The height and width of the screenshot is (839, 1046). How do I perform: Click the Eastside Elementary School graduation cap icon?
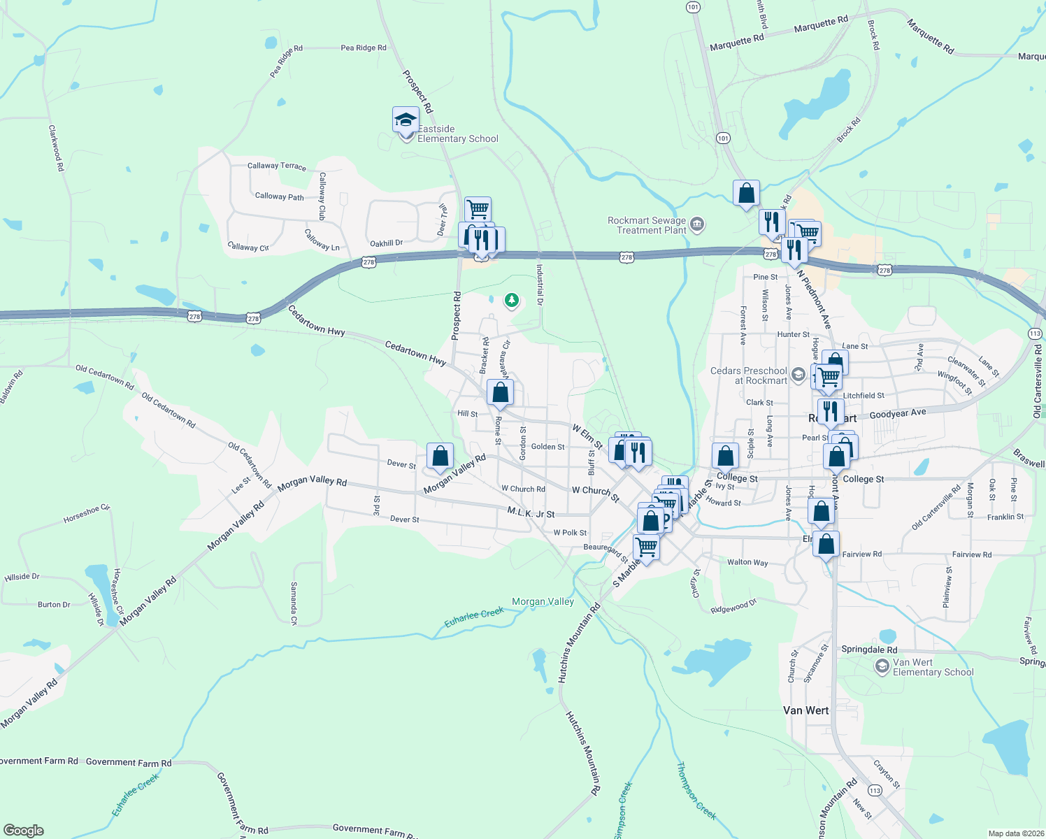click(x=406, y=120)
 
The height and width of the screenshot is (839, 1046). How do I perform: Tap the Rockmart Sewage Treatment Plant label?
click(x=646, y=225)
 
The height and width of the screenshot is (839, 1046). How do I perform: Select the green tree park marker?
click(x=512, y=301)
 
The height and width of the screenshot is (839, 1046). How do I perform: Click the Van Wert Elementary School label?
click(x=933, y=667)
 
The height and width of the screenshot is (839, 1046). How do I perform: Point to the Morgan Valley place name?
click(x=543, y=601)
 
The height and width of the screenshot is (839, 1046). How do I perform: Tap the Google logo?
click(x=24, y=831)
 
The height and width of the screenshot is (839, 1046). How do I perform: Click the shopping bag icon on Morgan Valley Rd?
click(x=440, y=457)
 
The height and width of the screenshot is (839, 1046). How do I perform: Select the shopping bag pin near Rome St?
click(x=500, y=392)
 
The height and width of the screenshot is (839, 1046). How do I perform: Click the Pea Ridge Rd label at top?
click(x=364, y=48)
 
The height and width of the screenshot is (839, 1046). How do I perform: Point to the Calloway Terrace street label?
click(x=277, y=166)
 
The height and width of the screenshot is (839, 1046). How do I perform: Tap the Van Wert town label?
click(x=805, y=710)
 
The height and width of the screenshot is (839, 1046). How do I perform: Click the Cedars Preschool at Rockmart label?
click(x=749, y=375)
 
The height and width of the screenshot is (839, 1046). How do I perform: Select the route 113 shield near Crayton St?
click(x=875, y=790)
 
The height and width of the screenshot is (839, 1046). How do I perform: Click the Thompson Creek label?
click(x=696, y=790)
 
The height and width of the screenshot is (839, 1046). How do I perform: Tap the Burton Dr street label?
click(x=54, y=605)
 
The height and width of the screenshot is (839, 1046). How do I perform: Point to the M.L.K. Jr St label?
click(x=531, y=513)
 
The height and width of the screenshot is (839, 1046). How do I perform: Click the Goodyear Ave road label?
click(x=898, y=414)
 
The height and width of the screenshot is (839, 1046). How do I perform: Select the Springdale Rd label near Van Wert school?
click(x=869, y=650)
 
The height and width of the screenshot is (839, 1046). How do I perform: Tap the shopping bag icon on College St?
click(x=726, y=456)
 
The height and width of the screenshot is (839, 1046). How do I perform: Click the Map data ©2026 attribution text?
click(x=1014, y=833)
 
